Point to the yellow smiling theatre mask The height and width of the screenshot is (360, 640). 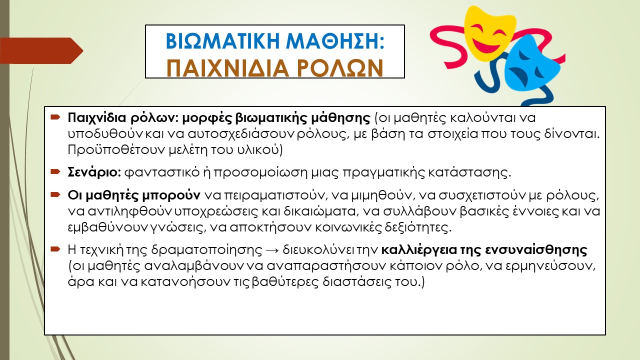point(489,34)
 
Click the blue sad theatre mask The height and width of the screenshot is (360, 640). point(531,65)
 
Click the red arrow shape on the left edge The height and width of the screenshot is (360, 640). point(41,50)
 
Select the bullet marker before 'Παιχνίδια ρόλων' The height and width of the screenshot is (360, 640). point(55,117)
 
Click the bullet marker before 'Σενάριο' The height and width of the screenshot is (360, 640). point(55,171)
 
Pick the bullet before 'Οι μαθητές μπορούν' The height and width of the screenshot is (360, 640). point(55,194)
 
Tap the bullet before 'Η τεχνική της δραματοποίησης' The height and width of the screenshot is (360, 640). point(55,249)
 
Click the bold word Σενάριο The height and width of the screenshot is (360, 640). point(94,172)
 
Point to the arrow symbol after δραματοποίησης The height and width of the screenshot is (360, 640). point(272,250)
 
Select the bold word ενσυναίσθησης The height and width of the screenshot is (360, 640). point(536,250)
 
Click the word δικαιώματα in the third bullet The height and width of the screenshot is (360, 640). point(321,211)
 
